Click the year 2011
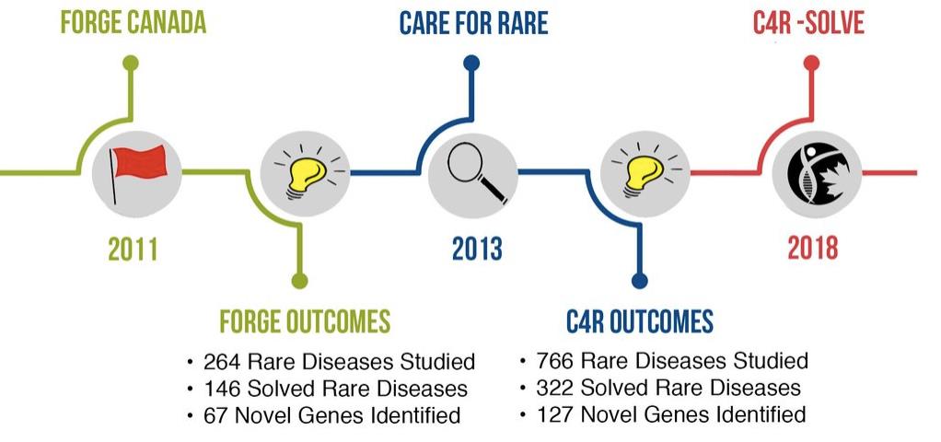(133, 249)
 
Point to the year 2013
(477, 249)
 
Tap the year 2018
(813, 248)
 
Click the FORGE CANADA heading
(134, 22)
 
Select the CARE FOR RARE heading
(473, 22)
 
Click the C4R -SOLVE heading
(808, 22)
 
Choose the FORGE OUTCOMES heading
(305, 321)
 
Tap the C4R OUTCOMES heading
(640, 321)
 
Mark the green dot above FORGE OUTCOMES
(299, 281)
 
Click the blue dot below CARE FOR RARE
(471, 63)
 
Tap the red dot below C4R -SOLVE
(811, 63)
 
